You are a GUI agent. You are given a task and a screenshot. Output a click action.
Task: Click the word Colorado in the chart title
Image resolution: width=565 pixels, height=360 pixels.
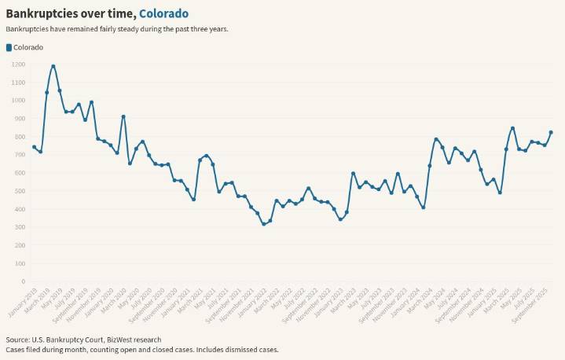[x=163, y=13]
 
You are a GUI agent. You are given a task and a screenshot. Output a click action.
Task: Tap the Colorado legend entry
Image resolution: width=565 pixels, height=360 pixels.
[x=28, y=47]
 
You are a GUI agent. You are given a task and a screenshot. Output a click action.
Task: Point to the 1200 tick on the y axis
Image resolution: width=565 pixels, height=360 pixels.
[x=17, y=64]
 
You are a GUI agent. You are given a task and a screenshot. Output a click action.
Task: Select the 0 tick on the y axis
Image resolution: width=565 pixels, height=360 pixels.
[x=24, y=281]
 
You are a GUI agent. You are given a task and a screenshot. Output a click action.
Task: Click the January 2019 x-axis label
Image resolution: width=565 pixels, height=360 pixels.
[x=22, y=301]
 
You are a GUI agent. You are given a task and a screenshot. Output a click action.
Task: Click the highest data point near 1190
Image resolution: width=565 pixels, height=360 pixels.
[x=53, y=67]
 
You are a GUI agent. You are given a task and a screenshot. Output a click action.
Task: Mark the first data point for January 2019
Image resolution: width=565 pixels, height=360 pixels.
[x=34, y=147]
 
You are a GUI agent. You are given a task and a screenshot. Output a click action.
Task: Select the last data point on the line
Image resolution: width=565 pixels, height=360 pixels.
[x=551, y=132]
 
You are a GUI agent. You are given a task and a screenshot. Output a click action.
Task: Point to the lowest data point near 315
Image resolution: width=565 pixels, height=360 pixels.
[x=264, y=224]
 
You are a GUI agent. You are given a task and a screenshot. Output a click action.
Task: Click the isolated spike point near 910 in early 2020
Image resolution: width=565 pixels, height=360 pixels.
[x=123, y=116]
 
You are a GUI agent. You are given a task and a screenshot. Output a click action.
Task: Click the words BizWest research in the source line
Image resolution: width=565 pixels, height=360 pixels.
[x=134, y=340]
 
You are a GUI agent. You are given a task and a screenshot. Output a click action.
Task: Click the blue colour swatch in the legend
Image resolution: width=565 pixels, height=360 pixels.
[x=9, y=47]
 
